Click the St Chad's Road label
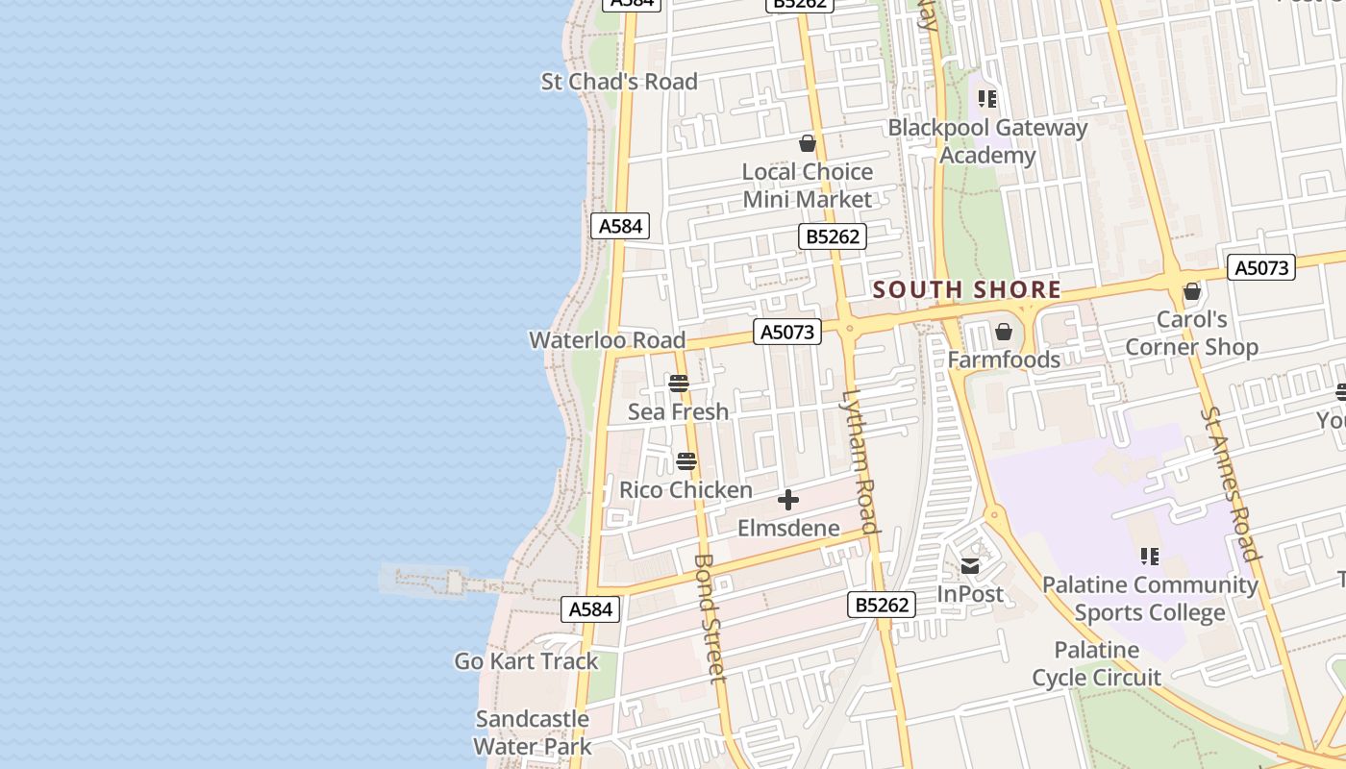(619, 82)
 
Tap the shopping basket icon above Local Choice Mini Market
(808, 144)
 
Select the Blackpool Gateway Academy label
(987, 141)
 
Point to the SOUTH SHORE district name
(967, 289)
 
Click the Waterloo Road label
(607, 340)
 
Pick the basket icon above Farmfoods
(1004, 333)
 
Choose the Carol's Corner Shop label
(1192, 334)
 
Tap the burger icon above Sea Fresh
(679, 384)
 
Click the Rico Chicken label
(685, 490)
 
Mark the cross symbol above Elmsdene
(788, 500)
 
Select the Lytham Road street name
(861, 461)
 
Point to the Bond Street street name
(709, 617)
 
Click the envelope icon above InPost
(970, 566)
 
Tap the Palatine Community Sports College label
(1150, 598)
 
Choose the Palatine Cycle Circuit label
(1097, 664)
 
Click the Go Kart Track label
(526, 661)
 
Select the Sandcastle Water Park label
(533, 732)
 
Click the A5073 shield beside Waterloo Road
(787, 333)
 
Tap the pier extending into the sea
(433, 581)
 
